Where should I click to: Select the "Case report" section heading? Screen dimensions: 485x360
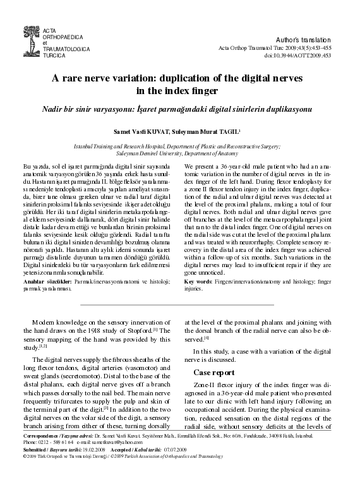215,372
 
